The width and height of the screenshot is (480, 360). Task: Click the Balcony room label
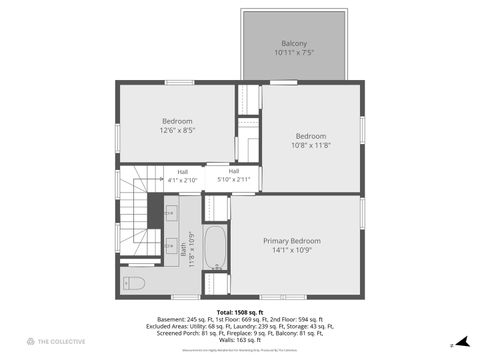click(x=294, y=43)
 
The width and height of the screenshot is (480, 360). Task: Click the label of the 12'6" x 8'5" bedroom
click(x=177, y=121)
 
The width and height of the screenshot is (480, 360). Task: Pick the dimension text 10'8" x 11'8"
click(x=310, y=145)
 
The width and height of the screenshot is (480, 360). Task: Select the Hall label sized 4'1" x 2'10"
click(x=183, y=171)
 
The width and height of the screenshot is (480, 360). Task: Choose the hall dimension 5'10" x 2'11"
click(x=233, y=171)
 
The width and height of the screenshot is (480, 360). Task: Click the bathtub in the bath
click(x=216, y=247)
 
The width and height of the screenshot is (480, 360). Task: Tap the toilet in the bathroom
click(x=134, y=284)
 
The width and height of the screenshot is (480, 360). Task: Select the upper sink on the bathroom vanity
click(x=169, y=212)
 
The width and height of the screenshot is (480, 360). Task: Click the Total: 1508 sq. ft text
click(x=240, y=311)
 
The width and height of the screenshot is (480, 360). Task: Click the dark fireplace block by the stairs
click(x=155, y=211)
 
